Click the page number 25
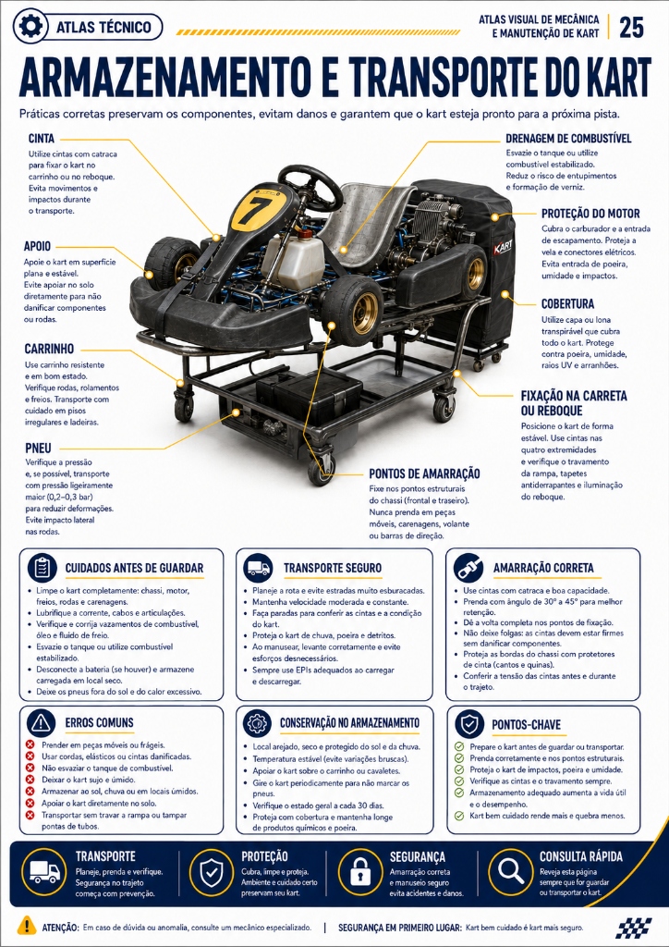point(631,28)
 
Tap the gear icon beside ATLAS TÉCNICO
point(30,27)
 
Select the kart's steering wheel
point(310,187)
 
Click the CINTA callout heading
point(41,139)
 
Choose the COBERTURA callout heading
point(567,303)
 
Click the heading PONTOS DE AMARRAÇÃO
point(425,473)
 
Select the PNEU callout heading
point(38,449)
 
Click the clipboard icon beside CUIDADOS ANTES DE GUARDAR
point(43,568)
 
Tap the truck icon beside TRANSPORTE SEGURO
point(258,568)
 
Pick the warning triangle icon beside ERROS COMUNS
point(41,722)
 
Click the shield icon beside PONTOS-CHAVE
point(468,723)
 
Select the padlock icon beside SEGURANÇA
point(360,872)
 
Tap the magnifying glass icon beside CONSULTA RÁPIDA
point(510,872)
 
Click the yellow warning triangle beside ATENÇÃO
point(27,925)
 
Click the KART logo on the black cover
point(503,248)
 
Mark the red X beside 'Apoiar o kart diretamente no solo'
point(30,804)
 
